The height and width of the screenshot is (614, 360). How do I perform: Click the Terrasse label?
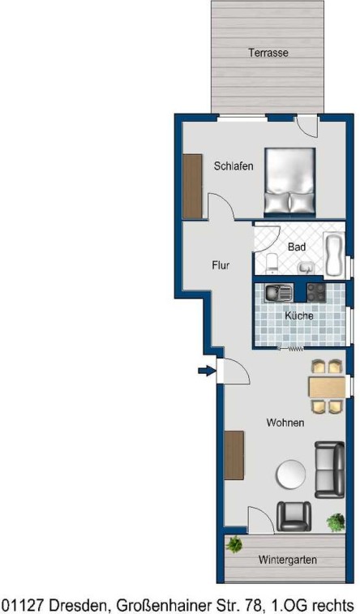point(268,53)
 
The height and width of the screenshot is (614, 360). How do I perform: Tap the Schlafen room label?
point(234,166)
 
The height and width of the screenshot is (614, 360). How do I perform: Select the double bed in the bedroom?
point(290,182)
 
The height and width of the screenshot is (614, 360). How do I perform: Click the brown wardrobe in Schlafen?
point(192,186)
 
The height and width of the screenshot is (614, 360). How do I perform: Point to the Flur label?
point(221,265)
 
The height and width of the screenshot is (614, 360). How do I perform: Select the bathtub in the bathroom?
point(334,255)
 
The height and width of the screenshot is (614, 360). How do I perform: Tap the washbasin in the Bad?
point(306,268)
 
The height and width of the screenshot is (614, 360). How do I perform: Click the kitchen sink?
point(279,293)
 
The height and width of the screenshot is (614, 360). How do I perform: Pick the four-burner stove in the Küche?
point(316,293)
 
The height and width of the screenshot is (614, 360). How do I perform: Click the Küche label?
point(299,316)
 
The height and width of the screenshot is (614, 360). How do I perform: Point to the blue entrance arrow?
point(207,370)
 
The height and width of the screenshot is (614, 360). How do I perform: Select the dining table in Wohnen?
point(327,387)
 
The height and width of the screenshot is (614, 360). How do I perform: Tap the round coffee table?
point(291,474)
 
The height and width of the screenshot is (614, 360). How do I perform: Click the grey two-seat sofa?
point(330,470)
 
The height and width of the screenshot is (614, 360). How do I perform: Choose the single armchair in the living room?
point(294,516)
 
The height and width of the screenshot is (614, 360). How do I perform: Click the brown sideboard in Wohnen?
point(234,455)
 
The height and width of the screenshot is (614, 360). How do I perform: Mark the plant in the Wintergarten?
point(234,544)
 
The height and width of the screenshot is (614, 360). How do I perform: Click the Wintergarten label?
point(287,560)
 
